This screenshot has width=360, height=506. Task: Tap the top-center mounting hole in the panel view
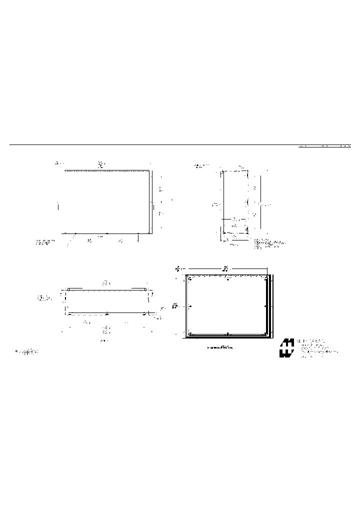click(228, 279)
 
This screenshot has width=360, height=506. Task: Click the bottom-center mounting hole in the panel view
click(228, 333)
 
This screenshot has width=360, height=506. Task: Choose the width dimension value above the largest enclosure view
click(100, 163)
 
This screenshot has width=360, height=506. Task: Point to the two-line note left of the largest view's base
click(45, 242)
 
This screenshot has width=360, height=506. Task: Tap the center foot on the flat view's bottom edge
click(106, 313)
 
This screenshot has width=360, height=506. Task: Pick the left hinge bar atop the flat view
click(75, 288)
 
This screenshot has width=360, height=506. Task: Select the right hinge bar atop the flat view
click(138, 288)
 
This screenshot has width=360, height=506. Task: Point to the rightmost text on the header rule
click(345, 146)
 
